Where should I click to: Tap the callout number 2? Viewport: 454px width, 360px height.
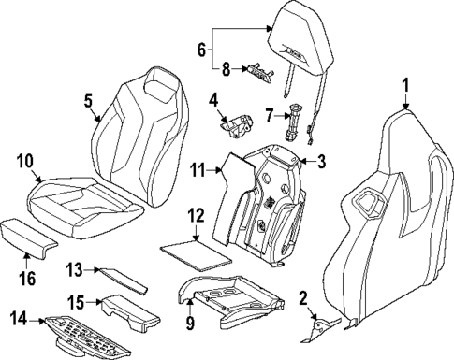point(303,298)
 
